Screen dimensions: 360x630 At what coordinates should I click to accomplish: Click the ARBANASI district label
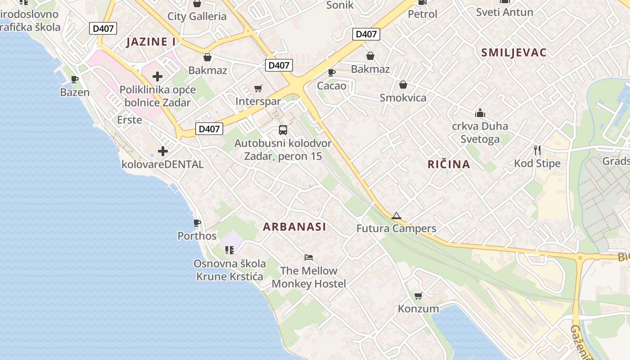coord(295,227)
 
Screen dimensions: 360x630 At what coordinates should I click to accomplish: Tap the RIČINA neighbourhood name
coord(449,164)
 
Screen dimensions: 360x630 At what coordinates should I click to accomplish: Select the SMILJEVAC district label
coord(514,53)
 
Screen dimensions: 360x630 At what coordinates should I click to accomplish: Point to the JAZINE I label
coord(151,42)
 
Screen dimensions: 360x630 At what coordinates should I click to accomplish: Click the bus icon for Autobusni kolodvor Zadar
coord(283,130)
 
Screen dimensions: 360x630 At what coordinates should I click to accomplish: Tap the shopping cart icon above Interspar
coord(258,88)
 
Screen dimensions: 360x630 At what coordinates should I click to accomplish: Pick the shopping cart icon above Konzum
coord(418,296)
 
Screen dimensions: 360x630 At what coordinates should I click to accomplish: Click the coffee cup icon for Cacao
coord(332,72)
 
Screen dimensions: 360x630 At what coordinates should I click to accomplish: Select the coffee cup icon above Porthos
coord(197,223)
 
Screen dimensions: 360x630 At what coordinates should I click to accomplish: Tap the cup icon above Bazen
coord(75,79)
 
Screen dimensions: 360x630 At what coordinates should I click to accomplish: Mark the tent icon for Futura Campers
coord(396,216)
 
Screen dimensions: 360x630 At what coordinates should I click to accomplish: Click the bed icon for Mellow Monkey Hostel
coord(309,257)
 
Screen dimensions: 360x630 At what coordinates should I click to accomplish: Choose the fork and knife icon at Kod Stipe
coord(537,150)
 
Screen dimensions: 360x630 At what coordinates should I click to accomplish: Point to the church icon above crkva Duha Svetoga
coord(480,112)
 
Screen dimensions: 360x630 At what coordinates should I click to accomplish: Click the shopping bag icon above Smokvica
coord(403,85)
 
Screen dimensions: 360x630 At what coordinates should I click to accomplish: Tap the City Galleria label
coord(197,17)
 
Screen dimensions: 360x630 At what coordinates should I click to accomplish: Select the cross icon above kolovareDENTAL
coord(163,151)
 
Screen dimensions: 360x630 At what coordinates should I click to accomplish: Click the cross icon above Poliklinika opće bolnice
coord(157,76)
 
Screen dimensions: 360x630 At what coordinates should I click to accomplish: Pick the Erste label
coord(130,120)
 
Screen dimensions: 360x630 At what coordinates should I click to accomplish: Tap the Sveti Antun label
coord(504,12)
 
